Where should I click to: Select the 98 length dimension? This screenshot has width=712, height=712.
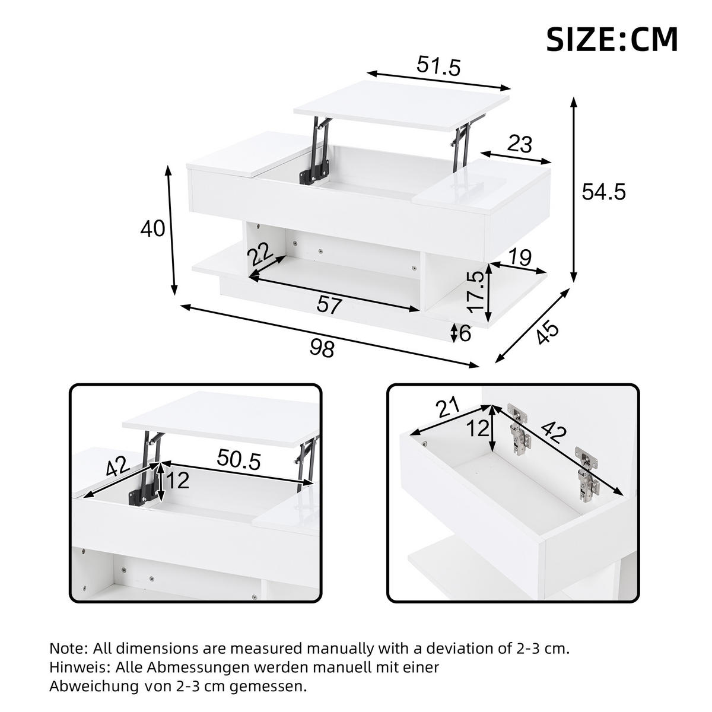(x=322, y=348)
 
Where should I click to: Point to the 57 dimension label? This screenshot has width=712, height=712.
(x=330, y=305)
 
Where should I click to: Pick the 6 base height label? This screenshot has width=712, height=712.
(x=465, y=333)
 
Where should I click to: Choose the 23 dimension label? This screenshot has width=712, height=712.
(x=520, y=144)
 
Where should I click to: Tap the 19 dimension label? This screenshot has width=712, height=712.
(x=520, y=258)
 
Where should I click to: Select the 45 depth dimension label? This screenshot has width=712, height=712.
(x=547, y=333)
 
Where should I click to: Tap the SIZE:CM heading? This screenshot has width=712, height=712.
(x=612, y=40)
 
